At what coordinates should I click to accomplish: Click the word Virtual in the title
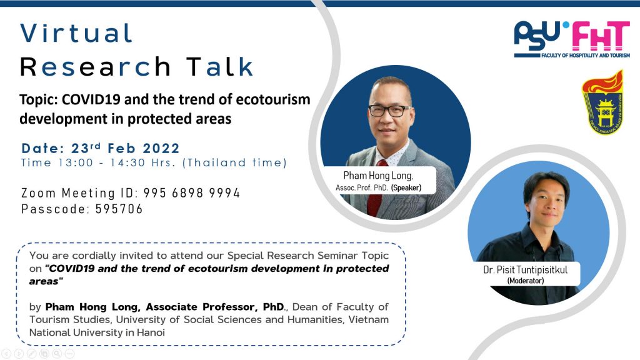point(76,33)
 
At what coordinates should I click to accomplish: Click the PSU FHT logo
point(571,39)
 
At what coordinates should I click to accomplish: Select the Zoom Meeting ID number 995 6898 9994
point(191,193)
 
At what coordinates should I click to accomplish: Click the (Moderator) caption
point(525,281)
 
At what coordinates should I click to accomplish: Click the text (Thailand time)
point(248,162)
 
